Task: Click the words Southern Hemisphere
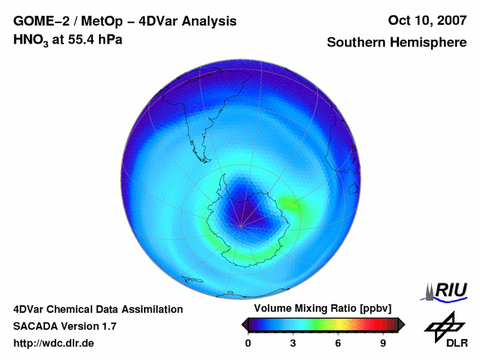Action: [x=397, y=43]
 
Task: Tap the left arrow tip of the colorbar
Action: [x=243, y=324]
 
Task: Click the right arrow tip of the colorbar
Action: [x=402, y=324]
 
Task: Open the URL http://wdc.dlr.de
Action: [x=54, y=343]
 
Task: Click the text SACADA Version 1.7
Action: [x=64, y=326]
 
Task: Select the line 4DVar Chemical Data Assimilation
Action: [x=98, y=309]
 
